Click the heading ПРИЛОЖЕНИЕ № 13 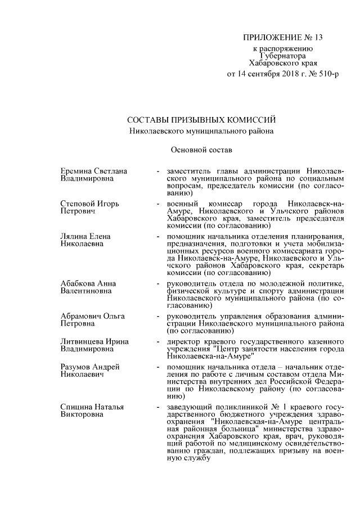point(283,38)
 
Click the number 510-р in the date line point(328,74)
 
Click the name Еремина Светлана point(93,171)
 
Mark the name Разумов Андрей point(90,367)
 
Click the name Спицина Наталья point(92,407)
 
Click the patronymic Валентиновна point(85,291)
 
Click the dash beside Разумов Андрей point(160,367)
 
